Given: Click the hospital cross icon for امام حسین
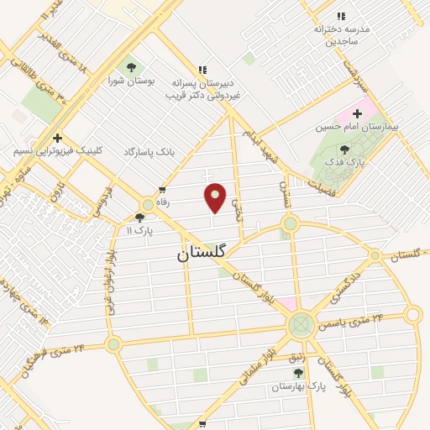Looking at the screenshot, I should pos(358,113).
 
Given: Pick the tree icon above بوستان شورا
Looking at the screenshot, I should pos(130,67).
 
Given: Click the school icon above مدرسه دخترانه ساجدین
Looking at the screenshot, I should pos(341,16).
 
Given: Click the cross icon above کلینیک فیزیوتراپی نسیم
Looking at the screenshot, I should pos(57,138).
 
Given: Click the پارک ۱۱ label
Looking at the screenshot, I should pos(139,230).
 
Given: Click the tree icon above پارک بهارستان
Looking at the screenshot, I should pos(275,374).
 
